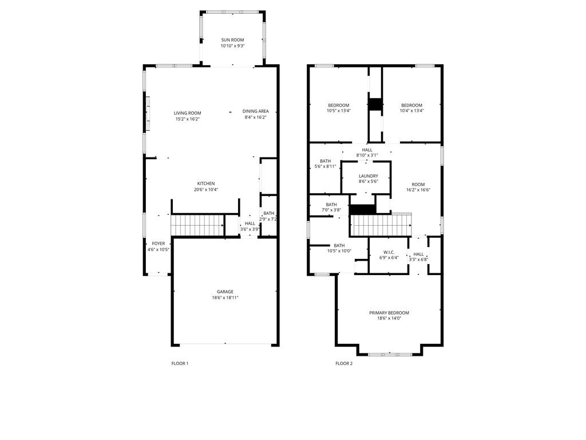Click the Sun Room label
point(232,40)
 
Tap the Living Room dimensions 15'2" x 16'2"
point(188,119)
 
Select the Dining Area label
point(256,111)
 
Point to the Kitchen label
point(206,183)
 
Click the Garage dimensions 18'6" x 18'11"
point(225,298)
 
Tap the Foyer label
point(159,243)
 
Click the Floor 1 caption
point(180,363)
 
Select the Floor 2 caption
point(344,363)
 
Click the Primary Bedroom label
point(389,313)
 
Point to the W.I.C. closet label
point(389,252)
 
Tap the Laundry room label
point(369,176)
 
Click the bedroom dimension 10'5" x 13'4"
point(339,111)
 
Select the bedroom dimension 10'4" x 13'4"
point(412,111)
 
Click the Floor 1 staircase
point(197,225)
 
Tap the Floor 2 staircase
point(381,225)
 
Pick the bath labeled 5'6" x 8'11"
point(325,164)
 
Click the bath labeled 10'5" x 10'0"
point(339,249)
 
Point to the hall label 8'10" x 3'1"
point(367,152)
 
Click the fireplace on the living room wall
point(148,113)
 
